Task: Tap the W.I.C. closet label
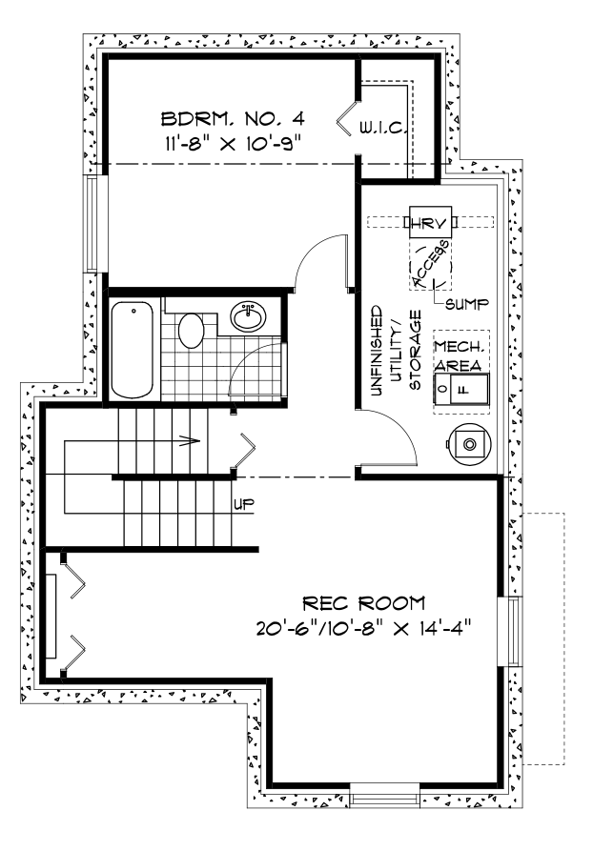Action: click(x=384, y=127)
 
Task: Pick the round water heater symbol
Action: click(x=468, y=443)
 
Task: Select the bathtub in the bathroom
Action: click(x=133, y=350)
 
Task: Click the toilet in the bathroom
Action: click(x=192, y=333)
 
